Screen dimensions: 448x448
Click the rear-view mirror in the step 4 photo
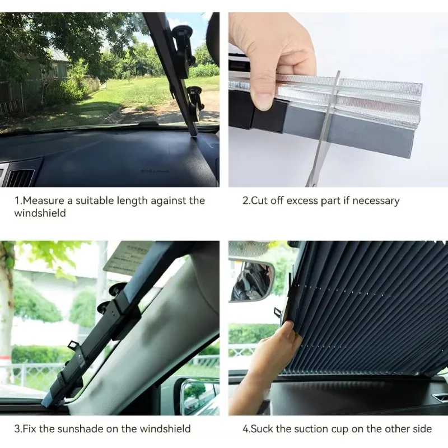[x=252, y=280]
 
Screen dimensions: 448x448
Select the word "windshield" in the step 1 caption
[x=40, y=213]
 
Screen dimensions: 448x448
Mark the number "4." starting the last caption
[x=246, y=429]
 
